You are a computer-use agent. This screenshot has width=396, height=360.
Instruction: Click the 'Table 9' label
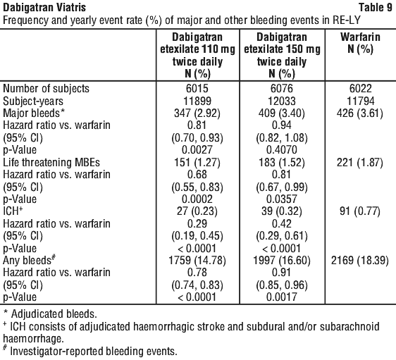[x=376, y=7]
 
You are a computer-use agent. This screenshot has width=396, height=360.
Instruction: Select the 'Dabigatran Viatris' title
[x=44, y=7]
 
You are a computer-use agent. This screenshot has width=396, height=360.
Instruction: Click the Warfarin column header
[x=360, y=43]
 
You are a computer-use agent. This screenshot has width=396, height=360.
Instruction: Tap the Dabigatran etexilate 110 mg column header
[x=197, y=55]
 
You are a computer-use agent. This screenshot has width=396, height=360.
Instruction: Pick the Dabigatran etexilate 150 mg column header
[x=282, y=55]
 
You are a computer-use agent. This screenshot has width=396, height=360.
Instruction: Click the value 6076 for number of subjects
[x=282, y=88]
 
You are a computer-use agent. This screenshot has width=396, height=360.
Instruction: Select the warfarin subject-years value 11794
[x=360, y=101]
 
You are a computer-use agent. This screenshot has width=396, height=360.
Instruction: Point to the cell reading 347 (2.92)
[x=197, y=113]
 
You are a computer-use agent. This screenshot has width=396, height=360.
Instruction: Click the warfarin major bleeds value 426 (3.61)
[x=360, y=113]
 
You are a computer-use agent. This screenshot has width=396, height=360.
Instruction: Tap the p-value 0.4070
[x=282, y=149]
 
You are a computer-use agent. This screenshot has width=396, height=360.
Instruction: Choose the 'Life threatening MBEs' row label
[x=51, y=162]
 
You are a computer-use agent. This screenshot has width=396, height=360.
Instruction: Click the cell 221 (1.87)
[x=360, y=162]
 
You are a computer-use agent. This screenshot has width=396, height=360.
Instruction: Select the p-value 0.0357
[x=282, y=199]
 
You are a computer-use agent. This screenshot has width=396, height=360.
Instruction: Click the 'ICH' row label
[x=13, y=211]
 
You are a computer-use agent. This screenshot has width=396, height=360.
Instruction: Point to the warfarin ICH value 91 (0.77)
[x=360, y=211]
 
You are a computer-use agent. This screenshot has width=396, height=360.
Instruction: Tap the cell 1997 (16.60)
[x=282, y=260]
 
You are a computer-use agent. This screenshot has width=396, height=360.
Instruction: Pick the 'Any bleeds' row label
[x=29, y=260]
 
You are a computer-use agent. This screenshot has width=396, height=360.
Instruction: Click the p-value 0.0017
[x=282, y=297]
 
